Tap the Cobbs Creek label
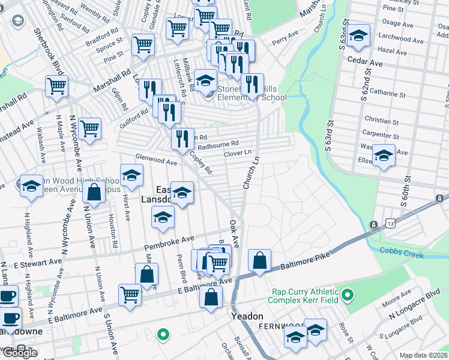(402, 252)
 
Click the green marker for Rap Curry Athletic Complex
(348, 295)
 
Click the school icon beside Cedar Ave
(359, 36)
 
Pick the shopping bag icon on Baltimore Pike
(259, 261)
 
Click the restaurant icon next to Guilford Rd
(149, 89)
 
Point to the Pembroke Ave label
(169, 243)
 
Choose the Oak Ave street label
(235, 233)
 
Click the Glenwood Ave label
(156, 160)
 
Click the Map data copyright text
(424, 355)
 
